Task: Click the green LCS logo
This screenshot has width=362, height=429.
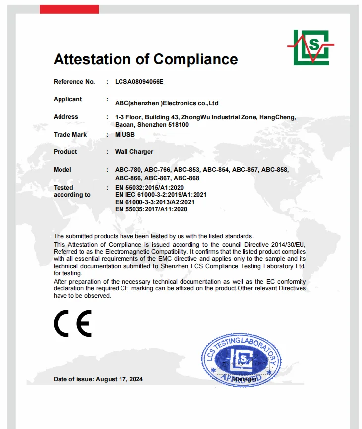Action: click(311, 47)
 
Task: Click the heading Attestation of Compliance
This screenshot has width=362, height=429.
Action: click(145, 59)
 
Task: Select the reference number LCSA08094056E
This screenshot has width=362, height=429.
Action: click(139, 81)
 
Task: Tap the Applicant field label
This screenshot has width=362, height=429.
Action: click(68, 99)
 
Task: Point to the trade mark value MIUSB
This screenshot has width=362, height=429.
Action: click(125, 135)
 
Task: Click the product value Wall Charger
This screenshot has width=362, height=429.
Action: click(134, 152)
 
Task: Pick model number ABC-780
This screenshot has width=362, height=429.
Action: click(128, 170)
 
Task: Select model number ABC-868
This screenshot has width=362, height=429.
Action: click(186, 178)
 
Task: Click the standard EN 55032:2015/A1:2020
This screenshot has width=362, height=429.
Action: click(149, 188)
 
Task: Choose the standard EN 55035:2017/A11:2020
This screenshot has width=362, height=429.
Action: click(151, 209)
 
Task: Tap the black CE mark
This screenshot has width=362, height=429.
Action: click(72, 323)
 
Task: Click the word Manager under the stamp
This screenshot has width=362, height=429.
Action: click(244, 379)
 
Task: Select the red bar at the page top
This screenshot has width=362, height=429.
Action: click(69, 9)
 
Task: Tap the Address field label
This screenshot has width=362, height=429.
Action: click(66, 117)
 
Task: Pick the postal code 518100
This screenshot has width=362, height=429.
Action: click(178, 125)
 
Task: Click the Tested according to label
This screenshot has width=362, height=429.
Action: click(72, 191)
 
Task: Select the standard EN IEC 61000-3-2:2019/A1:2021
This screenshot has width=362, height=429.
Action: click(161, 195)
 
